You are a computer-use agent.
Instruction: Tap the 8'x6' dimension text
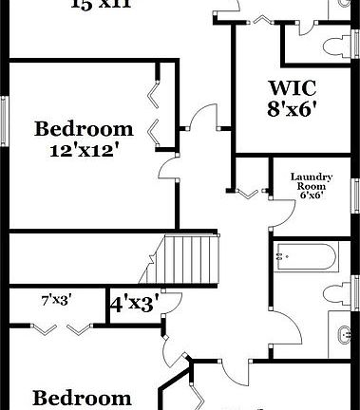(x=293, y=108)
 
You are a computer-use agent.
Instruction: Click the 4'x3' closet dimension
(x=132, y=305)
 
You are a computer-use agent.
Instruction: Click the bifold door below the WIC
(x=249, y=191)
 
